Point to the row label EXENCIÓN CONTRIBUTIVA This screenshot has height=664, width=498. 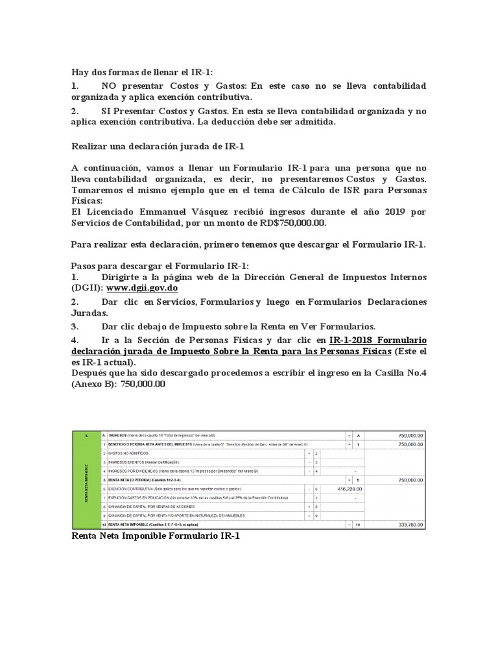130,488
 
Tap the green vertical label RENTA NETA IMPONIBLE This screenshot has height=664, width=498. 86,479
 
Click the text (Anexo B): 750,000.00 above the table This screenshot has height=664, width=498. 118,383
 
